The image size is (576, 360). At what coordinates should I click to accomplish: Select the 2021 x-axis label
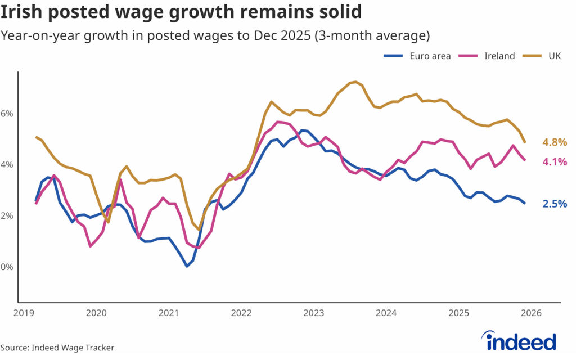point(169,312)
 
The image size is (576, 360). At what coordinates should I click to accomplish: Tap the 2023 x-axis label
point(314,312)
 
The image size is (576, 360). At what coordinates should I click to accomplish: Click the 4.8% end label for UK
point(555,142)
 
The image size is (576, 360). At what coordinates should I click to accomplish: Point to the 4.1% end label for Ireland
point(555,162)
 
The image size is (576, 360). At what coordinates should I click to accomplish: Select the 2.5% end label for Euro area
point(555,204)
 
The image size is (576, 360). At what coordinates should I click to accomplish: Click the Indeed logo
point(520,341)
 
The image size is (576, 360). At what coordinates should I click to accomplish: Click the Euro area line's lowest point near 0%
point(187,266)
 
